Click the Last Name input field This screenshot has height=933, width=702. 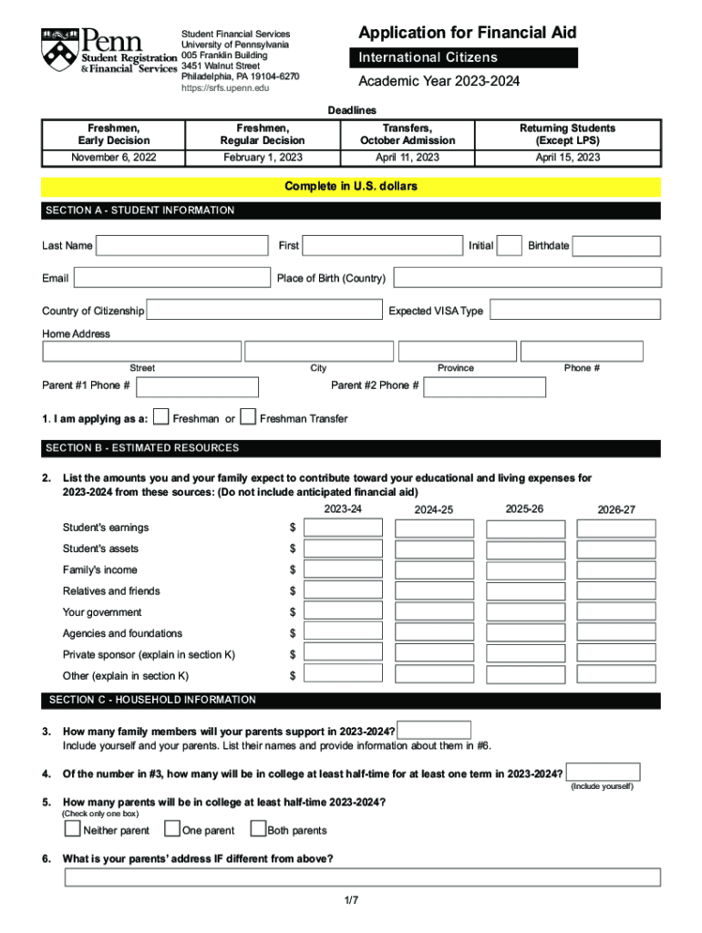tap(182, 246)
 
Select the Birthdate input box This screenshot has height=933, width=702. tap(616, 246)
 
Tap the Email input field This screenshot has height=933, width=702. tap(171, 278)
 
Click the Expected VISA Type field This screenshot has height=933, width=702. tap(574, 311)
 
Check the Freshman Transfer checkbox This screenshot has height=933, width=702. tap(247, 418)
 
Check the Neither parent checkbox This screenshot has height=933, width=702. tap(72, 829)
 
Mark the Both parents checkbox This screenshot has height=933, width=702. tap(257, 829)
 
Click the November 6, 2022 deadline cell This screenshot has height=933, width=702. tap(112, 158)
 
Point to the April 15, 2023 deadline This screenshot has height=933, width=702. tap(567, 158)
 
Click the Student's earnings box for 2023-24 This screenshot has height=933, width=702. tap(343, 528)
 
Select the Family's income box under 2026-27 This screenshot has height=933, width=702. tap(617, 570)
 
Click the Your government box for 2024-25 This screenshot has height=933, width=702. tap(435, 612)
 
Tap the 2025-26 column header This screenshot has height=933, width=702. tap(524, 508)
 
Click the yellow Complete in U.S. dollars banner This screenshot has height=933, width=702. tap(351, 187)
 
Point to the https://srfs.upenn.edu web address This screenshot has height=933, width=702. tap(225, 88)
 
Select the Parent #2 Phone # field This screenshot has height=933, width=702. tap(485, 386)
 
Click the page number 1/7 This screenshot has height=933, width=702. tap(352, 900)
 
